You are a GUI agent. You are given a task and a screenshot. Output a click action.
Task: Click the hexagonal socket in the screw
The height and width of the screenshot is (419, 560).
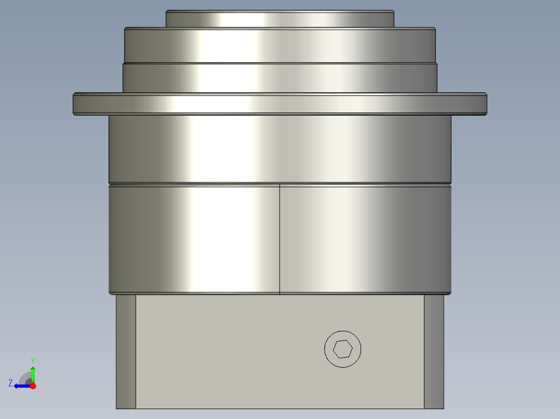click(x=342, y=349)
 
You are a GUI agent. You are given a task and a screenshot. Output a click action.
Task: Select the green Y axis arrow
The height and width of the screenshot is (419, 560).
click(x=33, y=373)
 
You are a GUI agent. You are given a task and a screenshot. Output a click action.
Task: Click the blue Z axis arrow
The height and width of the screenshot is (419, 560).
click(x=21, y=386)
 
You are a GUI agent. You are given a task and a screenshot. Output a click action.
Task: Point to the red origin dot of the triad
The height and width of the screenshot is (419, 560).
click(x=33, y=386)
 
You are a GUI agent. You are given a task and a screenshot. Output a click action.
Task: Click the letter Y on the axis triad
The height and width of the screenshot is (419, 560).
click(x=33, y=360)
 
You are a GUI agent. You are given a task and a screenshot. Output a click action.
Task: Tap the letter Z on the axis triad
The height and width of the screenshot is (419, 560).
click(x=10, y=383)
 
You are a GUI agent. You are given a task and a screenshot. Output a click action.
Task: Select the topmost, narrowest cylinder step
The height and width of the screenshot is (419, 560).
click(x=279, y=19)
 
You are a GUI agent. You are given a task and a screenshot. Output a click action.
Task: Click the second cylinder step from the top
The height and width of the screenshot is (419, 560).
click(x=279, y=46)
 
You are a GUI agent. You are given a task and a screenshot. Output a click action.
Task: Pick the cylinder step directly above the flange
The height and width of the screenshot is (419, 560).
click(x=279, y=78)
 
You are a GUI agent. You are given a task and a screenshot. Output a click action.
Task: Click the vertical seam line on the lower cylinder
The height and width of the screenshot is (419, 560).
click(x=279, y=239)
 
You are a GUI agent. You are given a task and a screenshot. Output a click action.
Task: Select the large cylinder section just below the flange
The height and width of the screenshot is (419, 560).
click(x=279, y=148)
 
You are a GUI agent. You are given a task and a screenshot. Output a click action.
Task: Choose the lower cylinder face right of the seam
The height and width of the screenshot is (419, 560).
click(x=364, y=239)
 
